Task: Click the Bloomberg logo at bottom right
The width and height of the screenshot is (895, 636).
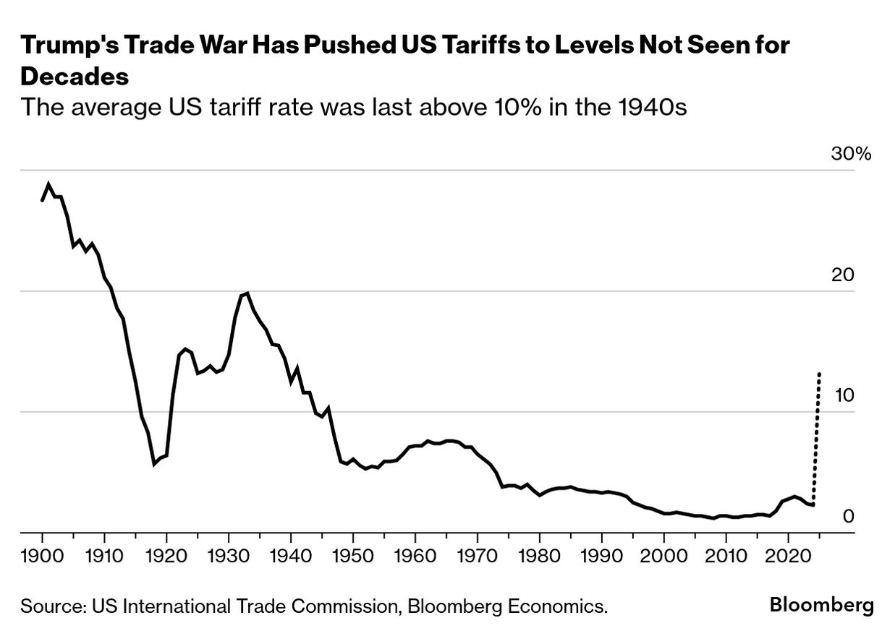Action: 821,605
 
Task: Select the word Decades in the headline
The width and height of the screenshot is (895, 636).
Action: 75,76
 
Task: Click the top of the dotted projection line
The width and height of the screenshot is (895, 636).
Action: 819,374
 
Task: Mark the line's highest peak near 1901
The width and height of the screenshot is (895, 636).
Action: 48,184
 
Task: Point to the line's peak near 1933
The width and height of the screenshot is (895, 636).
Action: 247,293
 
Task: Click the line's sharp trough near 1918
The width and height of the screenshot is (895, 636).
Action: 154,463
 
